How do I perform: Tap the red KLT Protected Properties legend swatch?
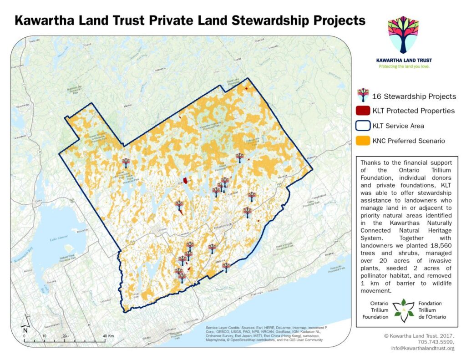(363, 111)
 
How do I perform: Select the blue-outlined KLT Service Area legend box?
(363, 126)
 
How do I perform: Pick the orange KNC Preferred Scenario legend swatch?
(363, 141)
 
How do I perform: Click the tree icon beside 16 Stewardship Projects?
(363, 95)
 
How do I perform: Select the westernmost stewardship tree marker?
(126, 162)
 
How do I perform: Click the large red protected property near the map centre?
(186, 182)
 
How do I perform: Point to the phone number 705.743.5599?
(436, 342)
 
